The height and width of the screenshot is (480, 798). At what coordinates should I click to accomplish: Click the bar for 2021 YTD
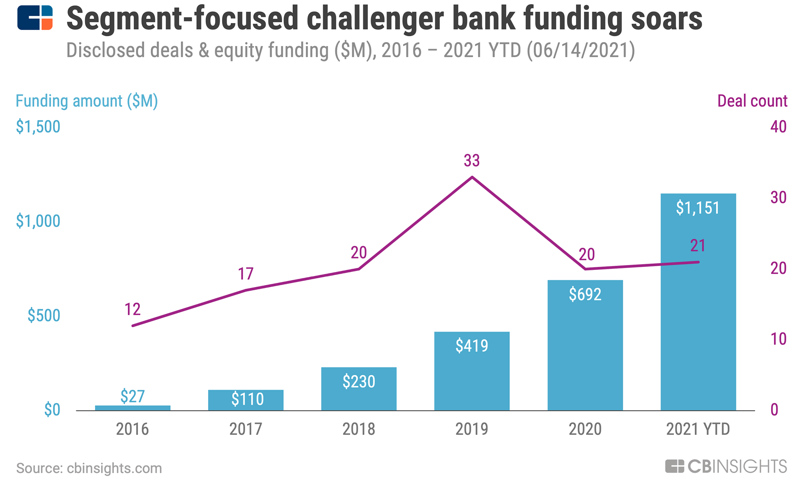tap(698, 312)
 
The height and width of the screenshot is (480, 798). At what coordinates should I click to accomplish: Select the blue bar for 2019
tap(471, 374)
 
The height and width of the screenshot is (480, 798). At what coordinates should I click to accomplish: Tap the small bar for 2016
tap(132, 408)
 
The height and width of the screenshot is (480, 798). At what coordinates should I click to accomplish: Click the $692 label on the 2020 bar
tap(585, 294)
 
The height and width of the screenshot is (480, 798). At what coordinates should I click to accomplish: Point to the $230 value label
tap(358, 381)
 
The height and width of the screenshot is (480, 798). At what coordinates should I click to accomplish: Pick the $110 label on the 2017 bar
tap(247, 399)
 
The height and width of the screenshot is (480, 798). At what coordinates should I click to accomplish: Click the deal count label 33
tap(471, 161)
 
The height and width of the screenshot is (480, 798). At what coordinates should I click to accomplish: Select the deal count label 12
tap(132, 309)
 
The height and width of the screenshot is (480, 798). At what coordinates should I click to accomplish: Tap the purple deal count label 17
tap(246, 274)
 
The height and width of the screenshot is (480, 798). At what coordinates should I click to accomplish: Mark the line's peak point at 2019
tap(472, 177)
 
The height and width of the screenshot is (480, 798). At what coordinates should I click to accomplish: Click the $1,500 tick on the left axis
tap(38, 127)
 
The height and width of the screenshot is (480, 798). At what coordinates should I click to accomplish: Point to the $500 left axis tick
tap(44, 316)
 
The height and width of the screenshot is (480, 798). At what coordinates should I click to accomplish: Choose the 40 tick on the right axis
tap(778, 127)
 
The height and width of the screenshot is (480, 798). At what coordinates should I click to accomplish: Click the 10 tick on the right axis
tap(778, 339)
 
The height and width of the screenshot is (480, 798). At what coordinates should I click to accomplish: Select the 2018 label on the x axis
tap(358, 429)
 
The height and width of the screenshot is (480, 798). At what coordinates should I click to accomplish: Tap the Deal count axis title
tap(752, 101)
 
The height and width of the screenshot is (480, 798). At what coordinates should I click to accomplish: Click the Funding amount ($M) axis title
tap(87, 101)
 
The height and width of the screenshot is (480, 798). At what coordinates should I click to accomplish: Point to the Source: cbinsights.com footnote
tap(89, 468)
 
